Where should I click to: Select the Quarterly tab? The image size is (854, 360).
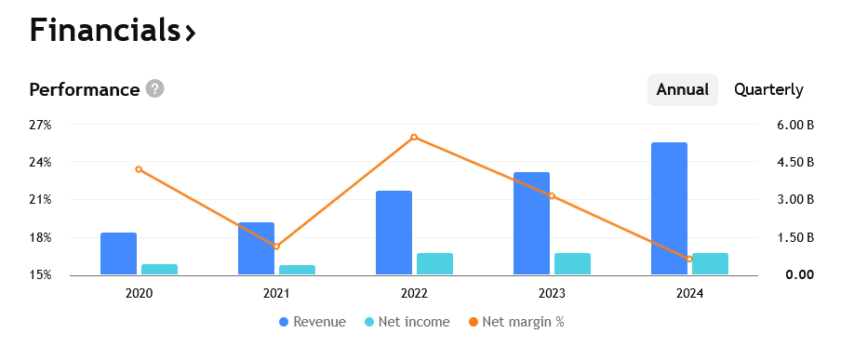tap(768, 90)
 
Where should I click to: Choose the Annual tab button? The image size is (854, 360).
tap(682, 90)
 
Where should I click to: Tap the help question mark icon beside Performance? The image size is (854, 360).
tap(155, 89)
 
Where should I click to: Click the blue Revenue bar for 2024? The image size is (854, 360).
tap(669, 208)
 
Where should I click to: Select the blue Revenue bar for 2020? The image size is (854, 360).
tap(118, 253)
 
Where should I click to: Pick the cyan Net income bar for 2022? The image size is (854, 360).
tap(434, 264)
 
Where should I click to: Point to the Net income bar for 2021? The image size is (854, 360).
tap(297, 270)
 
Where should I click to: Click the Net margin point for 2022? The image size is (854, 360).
tap(414, 138)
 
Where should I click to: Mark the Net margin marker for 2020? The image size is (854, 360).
tap(139, 169)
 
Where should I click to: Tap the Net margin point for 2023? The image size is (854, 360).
tap(552, 195)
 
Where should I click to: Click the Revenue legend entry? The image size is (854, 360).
tap(313, 323)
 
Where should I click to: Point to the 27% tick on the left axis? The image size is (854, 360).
tap(40, 125)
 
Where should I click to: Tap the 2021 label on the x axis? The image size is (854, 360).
tap(276, 293)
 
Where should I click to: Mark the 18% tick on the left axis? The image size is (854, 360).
tap(40, 237)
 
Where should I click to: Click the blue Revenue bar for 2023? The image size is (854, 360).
tap(531, 223)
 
